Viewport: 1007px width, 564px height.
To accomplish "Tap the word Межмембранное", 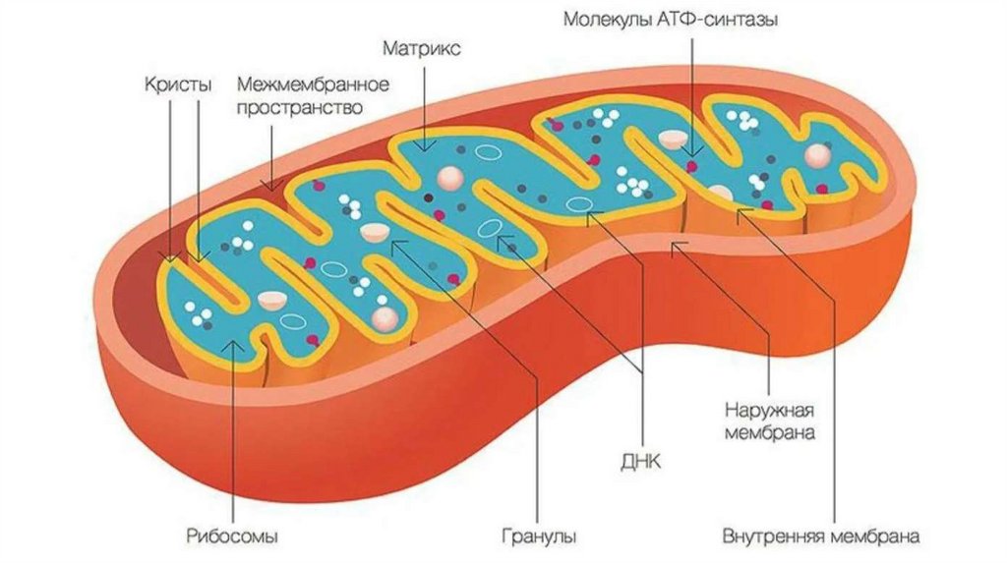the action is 314,85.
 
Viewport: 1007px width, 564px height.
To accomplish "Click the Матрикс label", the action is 424,48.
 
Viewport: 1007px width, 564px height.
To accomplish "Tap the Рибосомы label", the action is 232,536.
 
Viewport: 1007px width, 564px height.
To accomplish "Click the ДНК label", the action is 644,459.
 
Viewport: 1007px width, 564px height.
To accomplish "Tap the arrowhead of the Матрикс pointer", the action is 424,147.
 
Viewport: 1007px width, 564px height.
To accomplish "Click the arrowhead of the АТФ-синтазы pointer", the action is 693,153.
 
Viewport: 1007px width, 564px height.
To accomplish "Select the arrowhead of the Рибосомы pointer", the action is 233,341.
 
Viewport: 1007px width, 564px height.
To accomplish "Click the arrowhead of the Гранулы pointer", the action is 394,243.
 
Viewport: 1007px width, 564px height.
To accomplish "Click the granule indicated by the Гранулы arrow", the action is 375,232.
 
